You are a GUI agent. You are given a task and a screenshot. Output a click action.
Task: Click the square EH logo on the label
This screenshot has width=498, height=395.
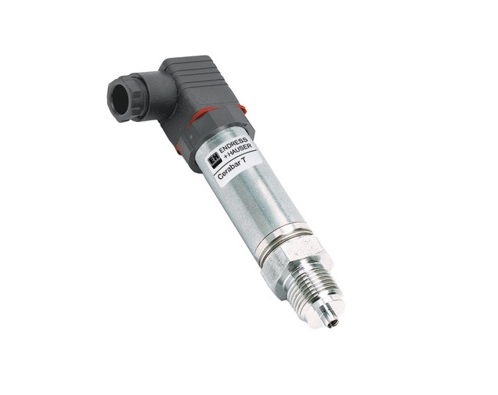tap(211, 156)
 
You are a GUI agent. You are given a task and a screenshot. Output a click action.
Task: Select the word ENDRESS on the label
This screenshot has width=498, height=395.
tap(237, 147)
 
